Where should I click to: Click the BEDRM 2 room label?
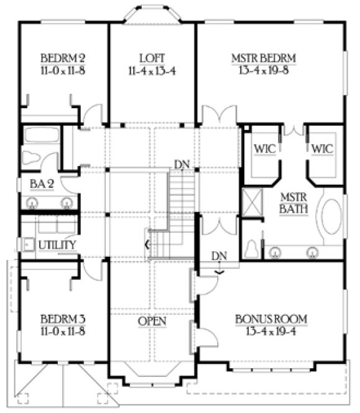coord(62,59)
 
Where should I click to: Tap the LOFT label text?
coord(153,58)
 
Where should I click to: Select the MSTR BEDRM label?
coord(263,58)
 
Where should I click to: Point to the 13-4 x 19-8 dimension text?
coord(264,70)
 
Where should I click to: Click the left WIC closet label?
coord(261,149)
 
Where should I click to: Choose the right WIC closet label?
coord(321,149)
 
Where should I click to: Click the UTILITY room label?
coord(57,245)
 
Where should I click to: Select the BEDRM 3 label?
coord(62,321)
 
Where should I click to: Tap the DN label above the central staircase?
coord(182,165)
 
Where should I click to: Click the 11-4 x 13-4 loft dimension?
coord(153,70)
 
